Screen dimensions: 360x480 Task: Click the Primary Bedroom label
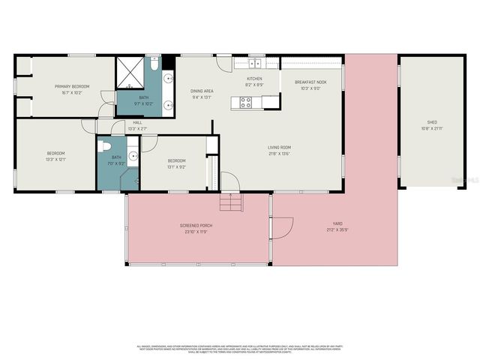pyautogui.click(x=72, y=87)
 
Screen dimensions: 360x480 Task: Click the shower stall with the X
pyautogui.click(x=129, y=75)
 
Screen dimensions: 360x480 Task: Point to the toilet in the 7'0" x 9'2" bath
pyautogui.click(x=106, y=146)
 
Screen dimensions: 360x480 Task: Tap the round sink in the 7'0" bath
pyautogui.click(x=132, y=156)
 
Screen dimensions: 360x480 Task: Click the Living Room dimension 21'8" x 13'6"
pyautogui.click(x=280, y=154)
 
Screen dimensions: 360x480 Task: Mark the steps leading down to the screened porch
pyautogui.click(x=232, y=202)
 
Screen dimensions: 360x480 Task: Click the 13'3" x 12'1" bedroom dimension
pyautogui.click(x=55, y=159)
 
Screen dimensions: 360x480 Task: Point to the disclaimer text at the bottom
pyautogui.click(x=240, y=349)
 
